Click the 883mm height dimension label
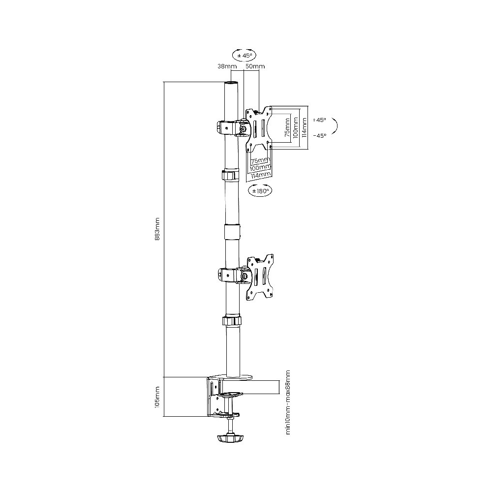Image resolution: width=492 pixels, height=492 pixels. coord(157,229)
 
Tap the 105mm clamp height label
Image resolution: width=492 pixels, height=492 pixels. coord(157,397)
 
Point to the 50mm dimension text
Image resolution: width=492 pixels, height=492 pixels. coord(255,66)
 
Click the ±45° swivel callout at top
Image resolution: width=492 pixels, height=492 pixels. coord(244,55)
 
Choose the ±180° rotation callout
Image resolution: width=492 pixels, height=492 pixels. coord(260,190)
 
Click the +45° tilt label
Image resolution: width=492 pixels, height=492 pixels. coord(320,120)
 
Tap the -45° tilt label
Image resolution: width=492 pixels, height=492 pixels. coord(320,136)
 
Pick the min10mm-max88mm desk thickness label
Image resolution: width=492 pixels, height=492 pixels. coord(288,402)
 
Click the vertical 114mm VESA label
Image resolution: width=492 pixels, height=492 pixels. coord(304,127)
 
